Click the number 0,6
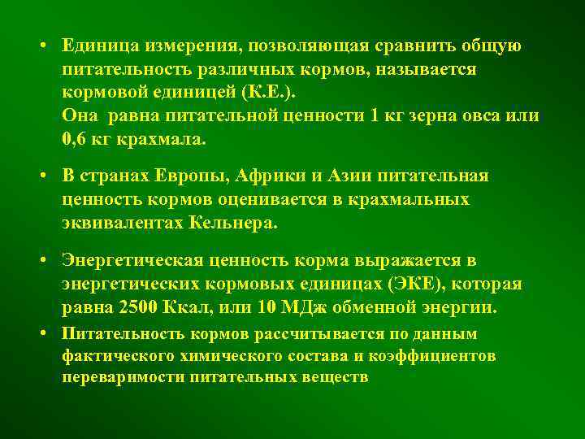point(75,137)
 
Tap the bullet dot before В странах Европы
point(40,176)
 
